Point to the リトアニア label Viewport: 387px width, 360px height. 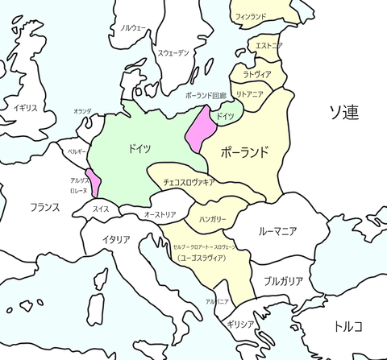click(x=250, y=94)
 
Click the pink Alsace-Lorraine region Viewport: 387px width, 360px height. click(x=95, y=184)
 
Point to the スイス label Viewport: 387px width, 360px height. click(x=101, y=209)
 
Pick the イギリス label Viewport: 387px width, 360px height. click(x=26, y=107)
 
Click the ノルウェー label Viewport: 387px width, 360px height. click(x=134, y=27)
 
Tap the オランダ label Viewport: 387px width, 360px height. click(x=82, y=111)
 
